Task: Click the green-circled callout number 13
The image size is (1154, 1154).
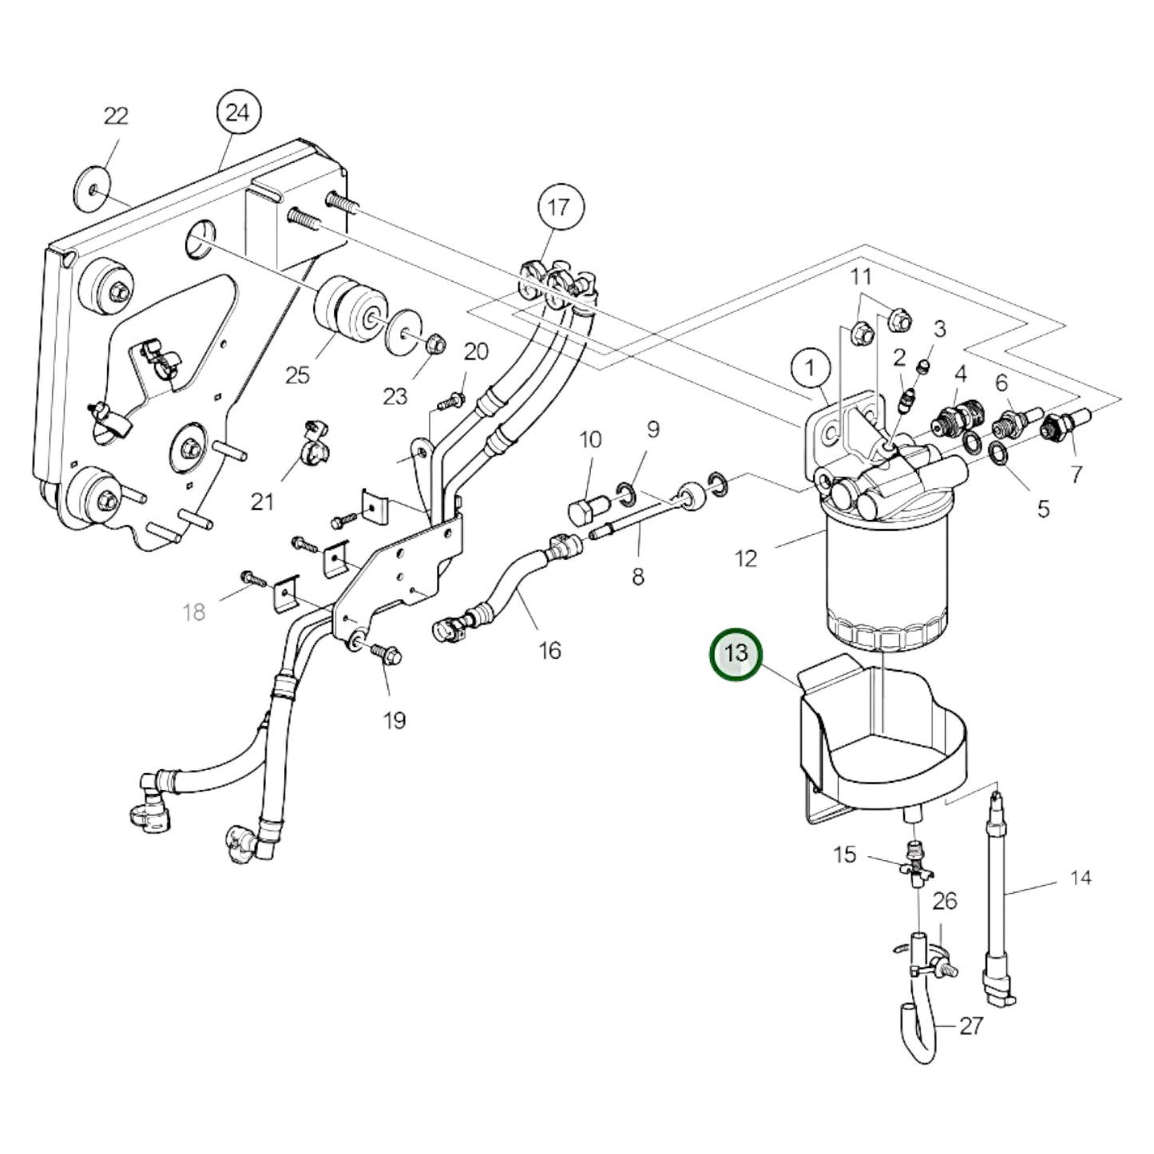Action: tap(736, 654)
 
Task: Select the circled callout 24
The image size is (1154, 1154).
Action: tap(237, 113)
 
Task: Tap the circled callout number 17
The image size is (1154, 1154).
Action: tap(559, 208)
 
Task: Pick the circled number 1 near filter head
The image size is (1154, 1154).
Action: tap(811, 369)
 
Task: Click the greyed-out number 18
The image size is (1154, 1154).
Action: tap(194, 613)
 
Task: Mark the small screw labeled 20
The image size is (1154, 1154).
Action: tap(454, 399)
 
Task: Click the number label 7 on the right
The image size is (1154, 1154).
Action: tap(1077, 474)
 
